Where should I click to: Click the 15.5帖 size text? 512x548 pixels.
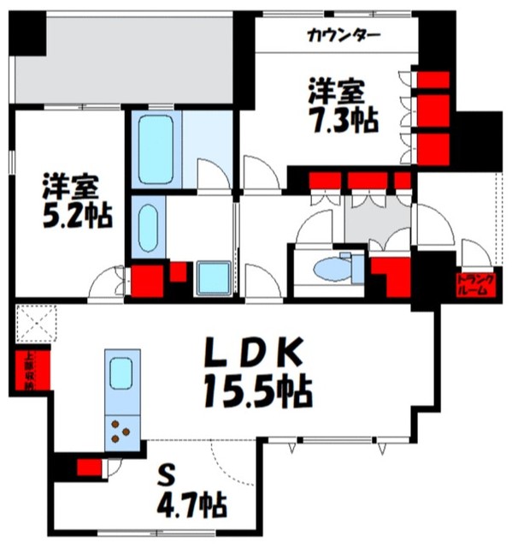256,391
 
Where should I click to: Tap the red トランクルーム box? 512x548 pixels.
472,284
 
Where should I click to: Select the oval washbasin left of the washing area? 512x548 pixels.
145,226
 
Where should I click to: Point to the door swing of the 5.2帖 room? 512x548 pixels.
106,279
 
